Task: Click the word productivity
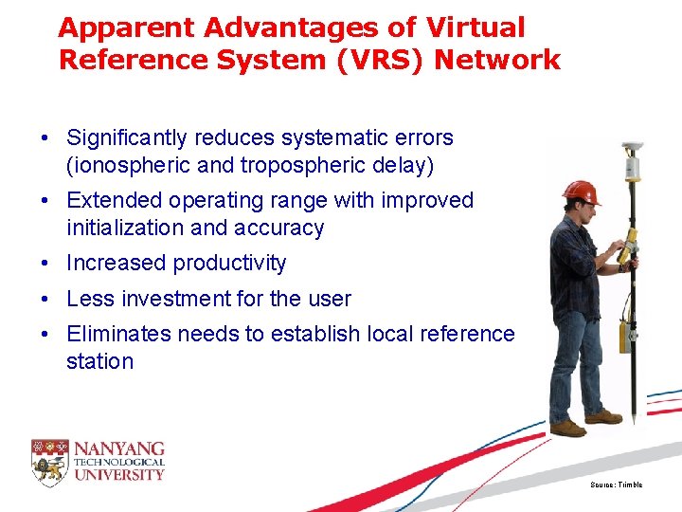[229, 263]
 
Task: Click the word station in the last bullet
[99, 361]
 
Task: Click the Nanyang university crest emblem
[49, 459]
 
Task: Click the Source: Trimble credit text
[616, 485]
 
